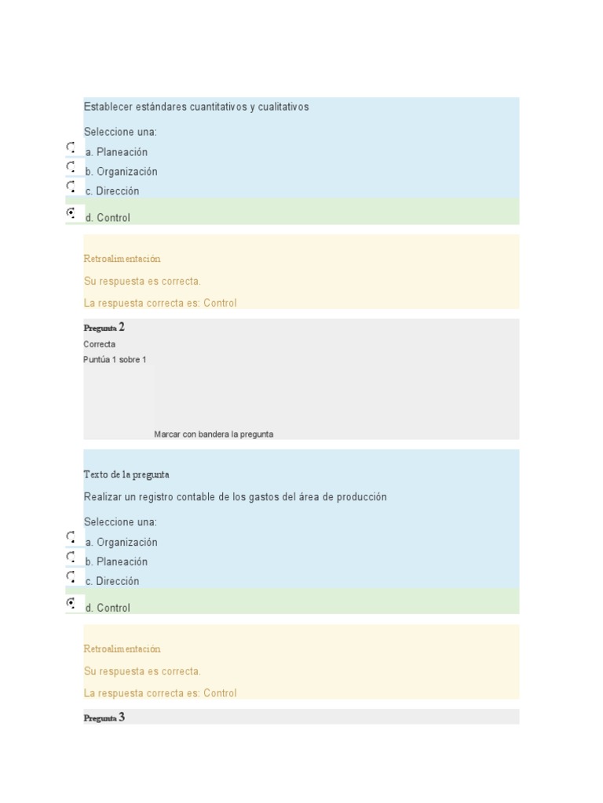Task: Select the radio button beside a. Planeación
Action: (x=71, y=147)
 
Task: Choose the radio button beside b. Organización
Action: (x=71, y=167)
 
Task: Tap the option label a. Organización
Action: (x=122, y=543)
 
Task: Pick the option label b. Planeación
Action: (x=117, y=562)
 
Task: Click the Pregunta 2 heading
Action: (x=104, y=328)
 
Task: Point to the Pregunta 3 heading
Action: (x=104, y=718)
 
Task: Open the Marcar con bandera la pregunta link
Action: (x=214, y=434)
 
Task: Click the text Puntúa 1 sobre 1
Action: (x=115, y=360)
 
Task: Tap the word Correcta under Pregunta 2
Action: (x=100, y=344)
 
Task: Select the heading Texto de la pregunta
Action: (x=126, y=474)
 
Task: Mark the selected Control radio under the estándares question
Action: (x=71, y=213)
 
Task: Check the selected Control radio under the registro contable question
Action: (x=71, y=603)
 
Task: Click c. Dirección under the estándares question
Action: (x=112, y=191)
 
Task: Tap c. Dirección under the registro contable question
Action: (x=112, y=582)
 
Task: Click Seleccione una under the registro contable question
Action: (x=120, y=522)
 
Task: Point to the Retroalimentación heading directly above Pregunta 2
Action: (x=122, y=259)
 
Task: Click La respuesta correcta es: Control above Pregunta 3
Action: (x=160, y=693)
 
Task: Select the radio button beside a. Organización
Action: (x=71, y=538)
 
